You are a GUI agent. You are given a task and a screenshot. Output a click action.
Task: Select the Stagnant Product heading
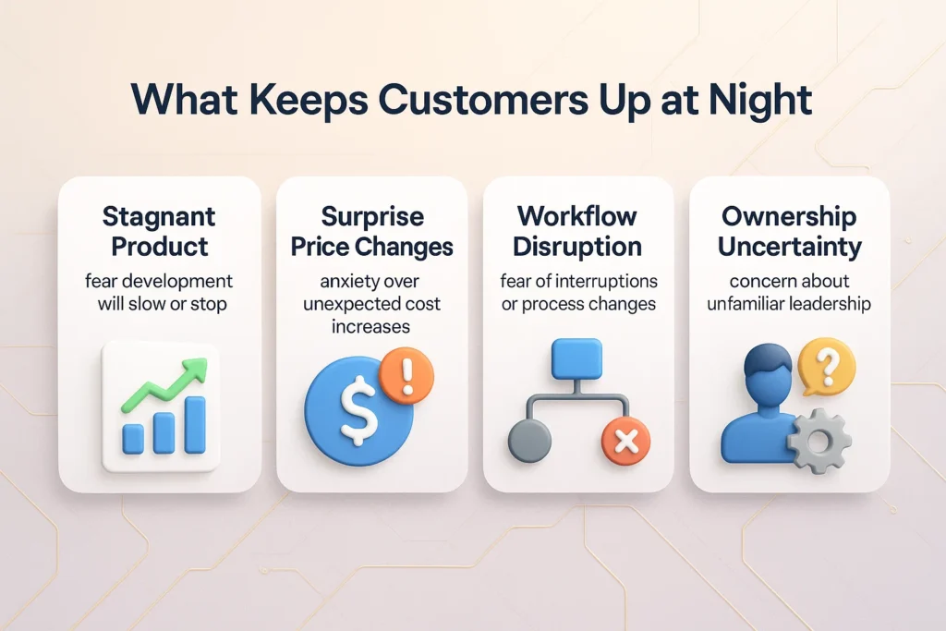159,231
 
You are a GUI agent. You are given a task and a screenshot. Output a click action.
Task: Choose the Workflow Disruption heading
577,231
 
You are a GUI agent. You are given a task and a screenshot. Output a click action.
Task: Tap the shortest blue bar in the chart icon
133,438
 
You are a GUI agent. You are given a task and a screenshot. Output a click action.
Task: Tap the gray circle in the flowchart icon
529,441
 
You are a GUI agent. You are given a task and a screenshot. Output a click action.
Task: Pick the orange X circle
625,441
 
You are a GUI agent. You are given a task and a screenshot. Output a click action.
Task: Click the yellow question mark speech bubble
826,366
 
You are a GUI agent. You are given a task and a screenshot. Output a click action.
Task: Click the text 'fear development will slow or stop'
159,291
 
